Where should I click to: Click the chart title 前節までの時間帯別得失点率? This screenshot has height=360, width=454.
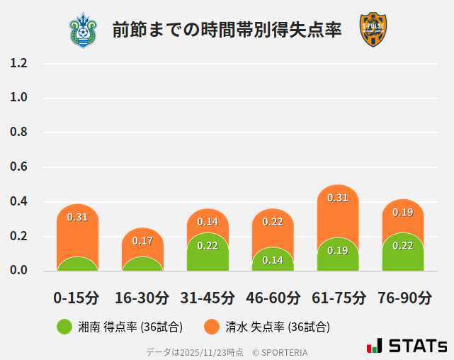coord(227,30)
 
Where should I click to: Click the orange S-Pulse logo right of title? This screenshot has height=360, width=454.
coord(373,30)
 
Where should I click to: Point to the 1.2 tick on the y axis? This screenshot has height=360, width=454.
coord(18,63)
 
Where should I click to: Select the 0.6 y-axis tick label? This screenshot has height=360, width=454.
coord(18,167)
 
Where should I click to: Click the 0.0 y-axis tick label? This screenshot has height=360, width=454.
coord(18,271)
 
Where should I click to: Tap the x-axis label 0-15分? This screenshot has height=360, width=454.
coord(77,298)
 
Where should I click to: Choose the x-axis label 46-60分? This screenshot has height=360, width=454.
coord(273,298)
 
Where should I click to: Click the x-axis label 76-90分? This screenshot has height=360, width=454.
coord(403,298)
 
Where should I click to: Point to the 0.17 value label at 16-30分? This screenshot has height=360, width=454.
coord(142,241)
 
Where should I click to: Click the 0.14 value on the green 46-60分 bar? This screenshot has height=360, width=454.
coord(273,260)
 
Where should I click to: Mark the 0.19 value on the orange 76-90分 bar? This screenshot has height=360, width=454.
coord(403,212)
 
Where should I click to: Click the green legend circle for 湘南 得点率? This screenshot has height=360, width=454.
coord(64,327)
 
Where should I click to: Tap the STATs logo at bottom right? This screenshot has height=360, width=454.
coord(407,346)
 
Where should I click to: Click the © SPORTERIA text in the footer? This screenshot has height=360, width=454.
coord(280,352)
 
